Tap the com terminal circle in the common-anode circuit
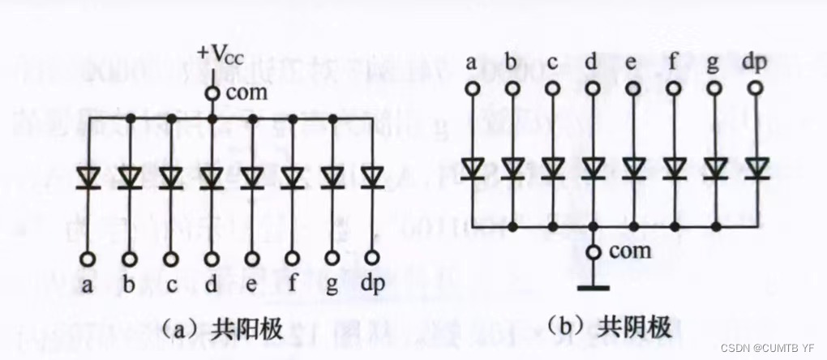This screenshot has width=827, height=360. [212, 93]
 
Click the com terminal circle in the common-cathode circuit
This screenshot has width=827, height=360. [593, 252]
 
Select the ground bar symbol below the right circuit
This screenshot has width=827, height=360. [593, 286]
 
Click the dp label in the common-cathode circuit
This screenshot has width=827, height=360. [756, 62]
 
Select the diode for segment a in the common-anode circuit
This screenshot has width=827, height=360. [88, 177]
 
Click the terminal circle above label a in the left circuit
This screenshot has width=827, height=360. [88, 259]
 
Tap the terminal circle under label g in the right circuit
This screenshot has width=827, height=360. [715, 87]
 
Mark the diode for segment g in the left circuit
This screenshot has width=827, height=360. [332, 177]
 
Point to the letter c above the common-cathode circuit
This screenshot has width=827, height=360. [552, 62]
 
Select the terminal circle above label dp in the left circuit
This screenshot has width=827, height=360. [373, 259]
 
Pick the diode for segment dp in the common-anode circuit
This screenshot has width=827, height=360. [373, 177]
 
